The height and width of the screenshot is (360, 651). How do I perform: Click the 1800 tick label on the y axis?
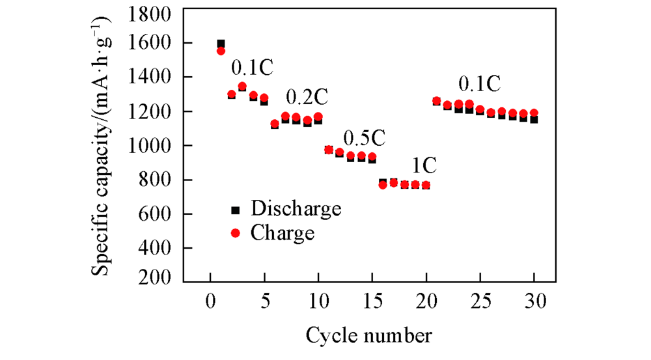pos(152,14)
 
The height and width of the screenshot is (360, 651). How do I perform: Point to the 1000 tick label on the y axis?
pos(152,146)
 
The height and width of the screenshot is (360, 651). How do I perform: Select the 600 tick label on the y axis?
pos(157,214)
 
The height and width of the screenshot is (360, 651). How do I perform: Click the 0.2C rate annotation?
pos(306,98)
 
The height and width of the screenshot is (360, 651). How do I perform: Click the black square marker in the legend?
pos(236,210)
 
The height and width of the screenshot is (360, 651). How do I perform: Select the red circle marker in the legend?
pos(236,232)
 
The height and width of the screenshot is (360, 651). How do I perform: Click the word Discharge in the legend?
pos(296,209)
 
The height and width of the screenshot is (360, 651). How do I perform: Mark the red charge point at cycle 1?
pos(221,51)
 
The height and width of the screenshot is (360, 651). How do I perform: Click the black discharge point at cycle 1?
pos(221,43)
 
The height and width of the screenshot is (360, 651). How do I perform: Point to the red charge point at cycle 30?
pos(534,113)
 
